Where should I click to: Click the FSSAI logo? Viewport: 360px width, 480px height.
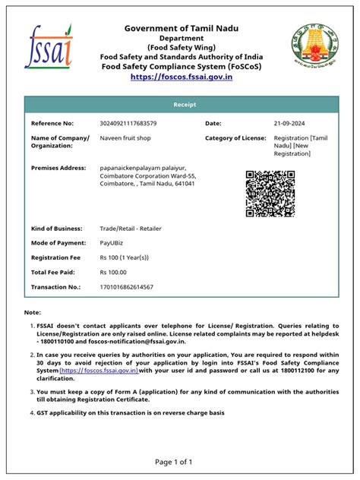tap(49, 46)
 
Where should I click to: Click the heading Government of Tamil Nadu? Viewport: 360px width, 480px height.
tap(182, 28)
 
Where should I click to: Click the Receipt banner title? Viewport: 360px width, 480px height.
tap(180, 104)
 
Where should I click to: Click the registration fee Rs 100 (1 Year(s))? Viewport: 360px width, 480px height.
tap(124, 257)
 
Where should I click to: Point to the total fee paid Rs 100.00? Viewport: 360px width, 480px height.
tap(113, 272)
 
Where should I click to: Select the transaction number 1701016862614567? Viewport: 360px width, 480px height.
tap(126, 286)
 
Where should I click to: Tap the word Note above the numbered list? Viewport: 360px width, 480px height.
tap(33, 312)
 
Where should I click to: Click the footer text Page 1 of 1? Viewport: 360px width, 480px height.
tap(180, 461)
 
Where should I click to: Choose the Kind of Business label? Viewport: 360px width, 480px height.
tap(57, 228)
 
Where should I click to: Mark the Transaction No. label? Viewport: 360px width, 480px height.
tap(55, 286)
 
